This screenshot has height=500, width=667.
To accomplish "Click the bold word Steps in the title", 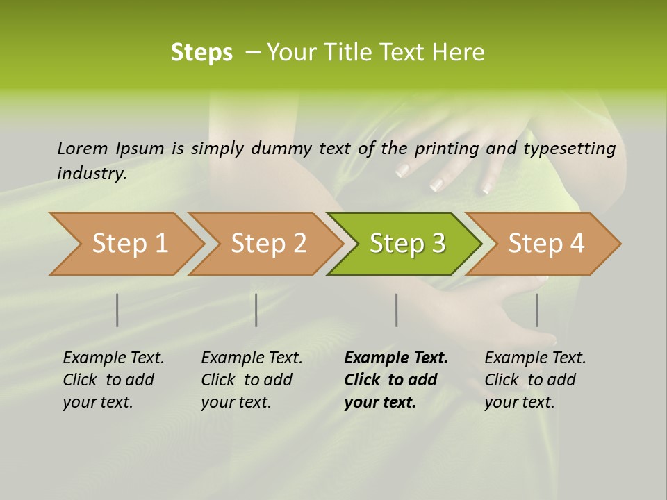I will pyautogui.click(x=201, y=53).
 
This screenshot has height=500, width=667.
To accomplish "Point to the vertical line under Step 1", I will pyautogui.click(x=117, y=310).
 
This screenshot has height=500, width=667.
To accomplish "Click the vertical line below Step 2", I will pyautogui.click(x=256, y=310).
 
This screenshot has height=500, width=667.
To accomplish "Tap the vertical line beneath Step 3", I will pyautogui.click(x=397, y=310).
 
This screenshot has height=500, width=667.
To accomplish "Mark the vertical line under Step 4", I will pyautogui.click(x=537, y=310).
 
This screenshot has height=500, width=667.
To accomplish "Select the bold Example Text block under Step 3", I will pyautogui.click(x=395, y=380).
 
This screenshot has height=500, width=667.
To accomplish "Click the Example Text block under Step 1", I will pyautogui.click(x=113, y=380).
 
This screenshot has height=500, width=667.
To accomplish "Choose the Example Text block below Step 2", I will pyautogui.click(x=252, y=380).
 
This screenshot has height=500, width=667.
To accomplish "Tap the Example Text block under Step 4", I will pyautogui.click(x=535, y=380).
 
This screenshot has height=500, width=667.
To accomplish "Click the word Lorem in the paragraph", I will pyautogui.click(x=82, y=148).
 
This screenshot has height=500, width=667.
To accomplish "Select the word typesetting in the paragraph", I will pyautogui.click(x=569, y=148).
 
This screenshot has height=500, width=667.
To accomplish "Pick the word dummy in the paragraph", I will pyautogui.click(x=282, y=148).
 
